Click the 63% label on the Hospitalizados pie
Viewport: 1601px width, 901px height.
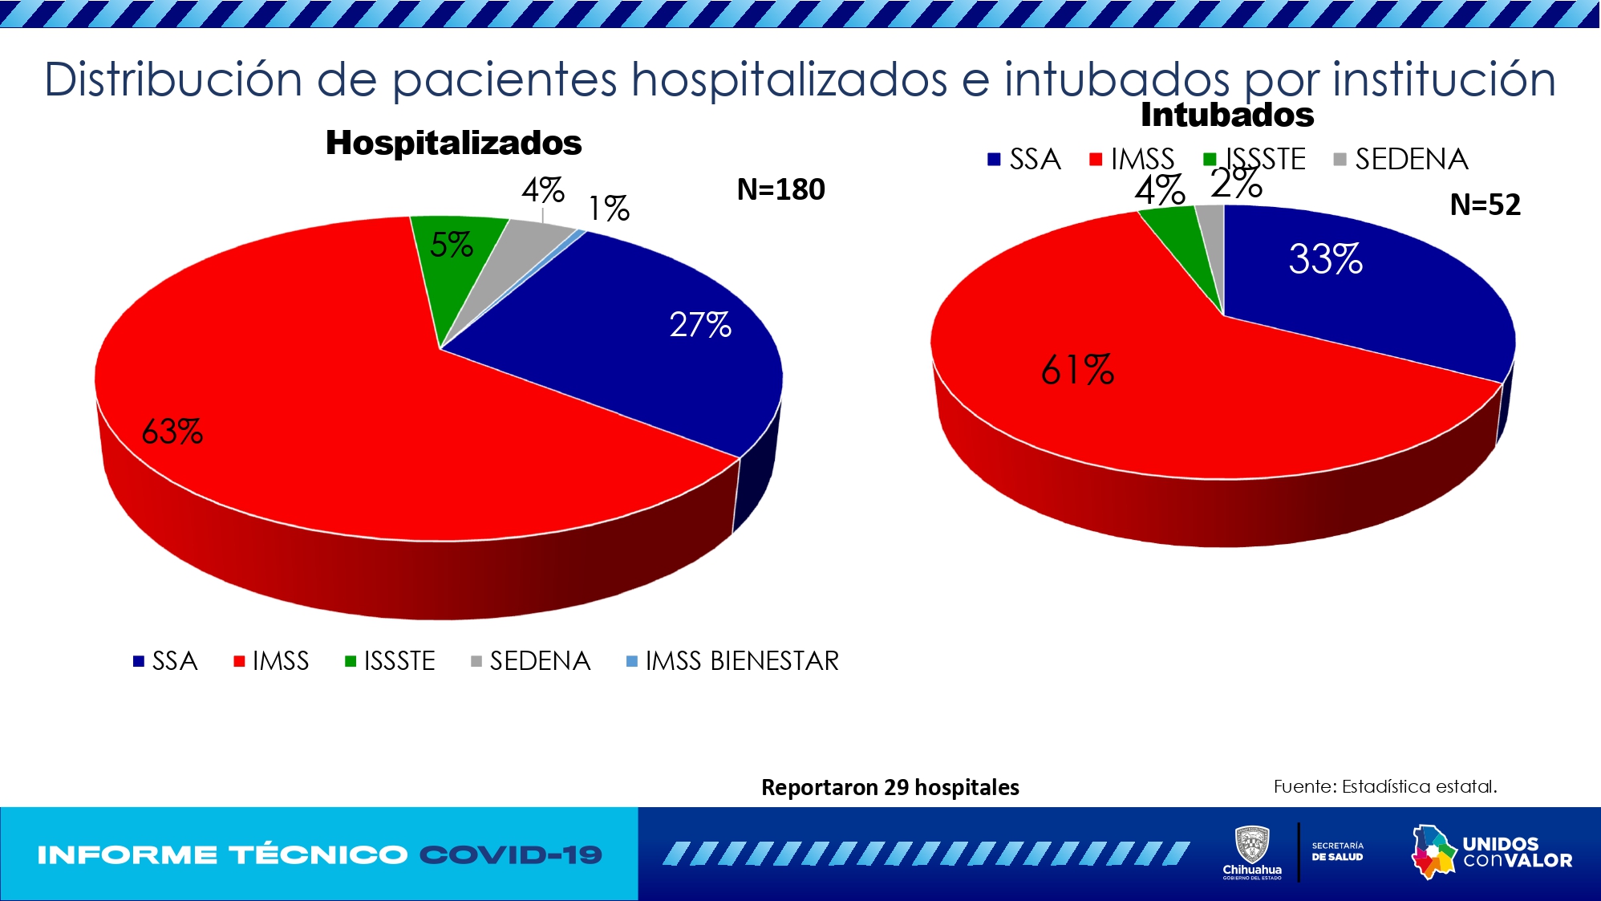pos(172,432)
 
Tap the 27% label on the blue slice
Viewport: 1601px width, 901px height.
pos(699,325)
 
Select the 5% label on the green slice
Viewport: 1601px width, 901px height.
pos(451,245)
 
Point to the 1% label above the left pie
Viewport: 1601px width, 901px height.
pos(608,209)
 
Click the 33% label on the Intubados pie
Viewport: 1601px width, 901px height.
pos(1325,259)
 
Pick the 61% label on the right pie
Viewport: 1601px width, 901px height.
pos(1076,370)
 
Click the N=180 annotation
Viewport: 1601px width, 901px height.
pos(780,190)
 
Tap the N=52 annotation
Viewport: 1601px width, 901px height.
pos(1485,205)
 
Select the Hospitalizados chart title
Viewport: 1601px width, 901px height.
pos(453,143)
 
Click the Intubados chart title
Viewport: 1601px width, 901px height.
pos(1227,116)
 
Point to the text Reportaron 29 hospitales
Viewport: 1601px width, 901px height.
pos(890,787)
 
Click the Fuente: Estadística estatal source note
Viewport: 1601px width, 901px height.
pos(1384,786)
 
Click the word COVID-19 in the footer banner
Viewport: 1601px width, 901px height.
pos(511,855)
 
